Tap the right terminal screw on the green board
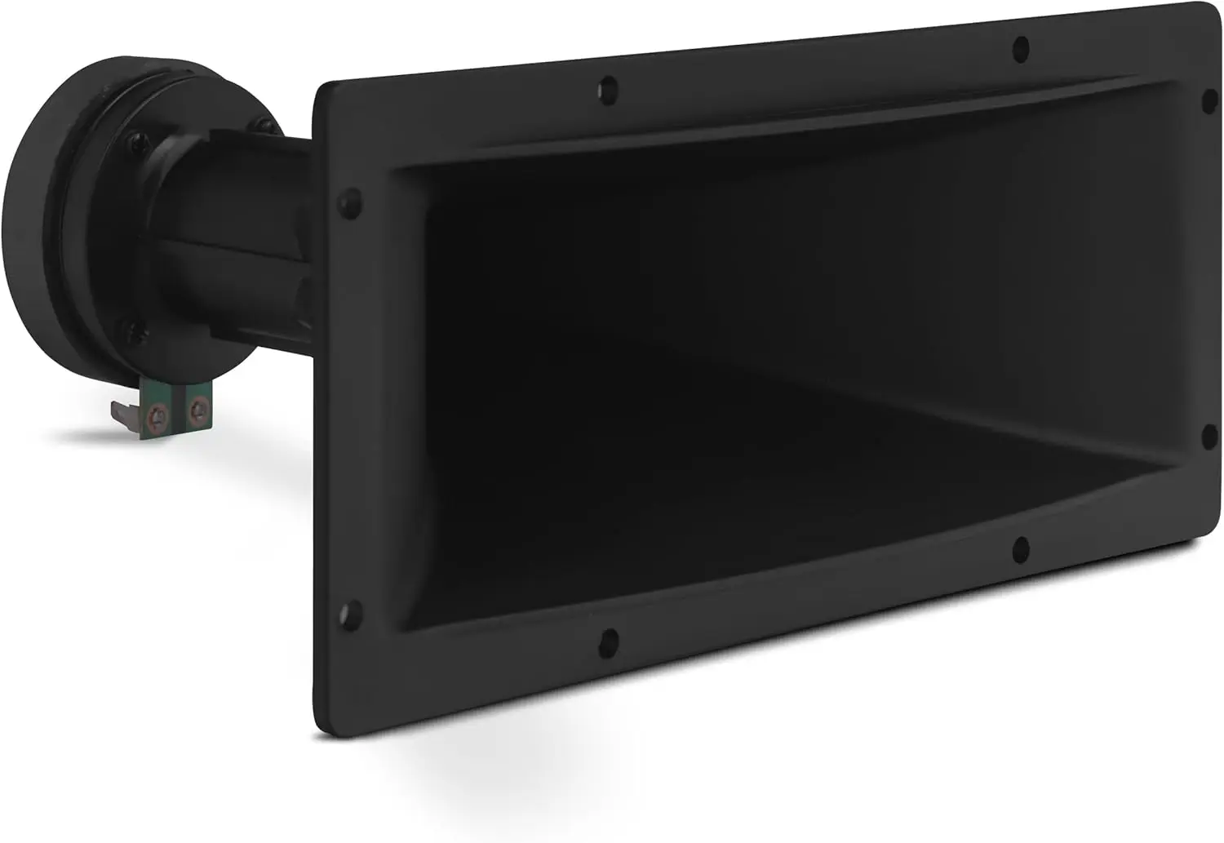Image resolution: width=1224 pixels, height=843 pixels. click(x=197, y=401)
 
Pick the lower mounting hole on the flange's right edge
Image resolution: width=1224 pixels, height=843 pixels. click(x=1209, y=433)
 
